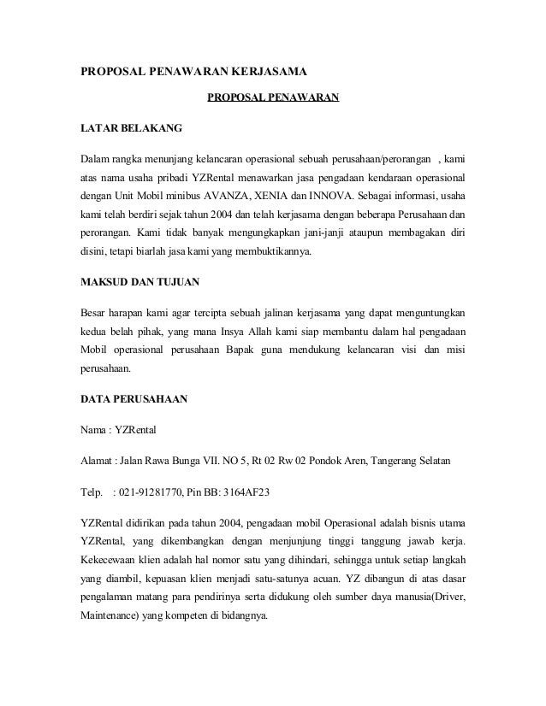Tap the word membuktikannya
click(x=275, y=253)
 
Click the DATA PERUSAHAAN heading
click(x=132, y=399)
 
